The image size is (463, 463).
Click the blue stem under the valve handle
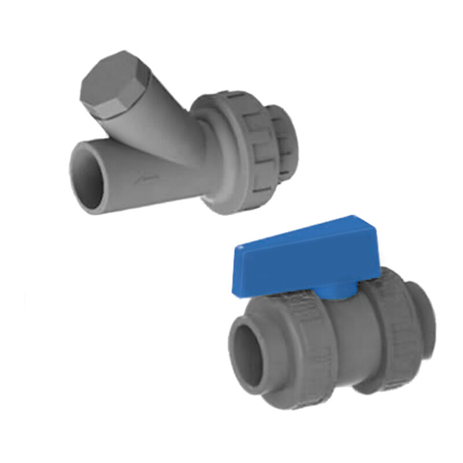click(347, 293)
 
